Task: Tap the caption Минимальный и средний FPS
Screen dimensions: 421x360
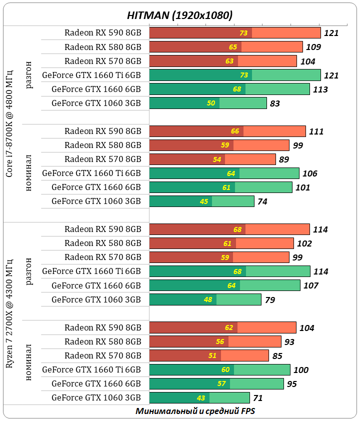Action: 195,411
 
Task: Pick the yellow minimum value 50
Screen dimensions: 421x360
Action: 211,103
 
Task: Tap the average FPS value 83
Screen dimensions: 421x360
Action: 274,104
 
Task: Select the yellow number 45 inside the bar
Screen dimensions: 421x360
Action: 204,201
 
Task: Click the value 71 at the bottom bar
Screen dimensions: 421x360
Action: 257,398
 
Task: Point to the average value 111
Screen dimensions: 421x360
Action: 316,131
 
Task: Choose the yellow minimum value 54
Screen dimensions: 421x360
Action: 217,159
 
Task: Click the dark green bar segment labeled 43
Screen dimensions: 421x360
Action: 179,398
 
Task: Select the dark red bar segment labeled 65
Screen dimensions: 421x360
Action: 195,47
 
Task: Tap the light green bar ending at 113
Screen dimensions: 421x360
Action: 277,89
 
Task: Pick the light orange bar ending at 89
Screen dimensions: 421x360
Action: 250,159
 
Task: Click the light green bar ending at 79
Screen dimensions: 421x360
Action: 238,299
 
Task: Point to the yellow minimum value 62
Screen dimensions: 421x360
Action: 229,328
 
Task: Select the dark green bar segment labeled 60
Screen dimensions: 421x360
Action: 191,370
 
